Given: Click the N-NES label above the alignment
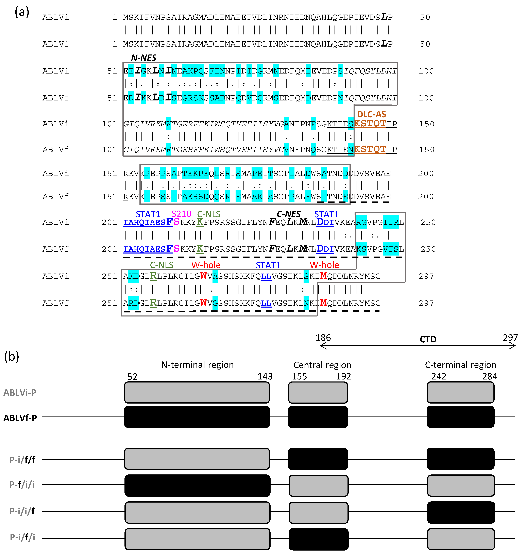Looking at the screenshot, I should (143, 58).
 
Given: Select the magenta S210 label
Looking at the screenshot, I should (181, 214).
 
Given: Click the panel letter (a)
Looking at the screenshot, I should (22, 12).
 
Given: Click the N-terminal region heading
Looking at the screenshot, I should (197, 365).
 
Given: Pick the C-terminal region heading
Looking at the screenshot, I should (460, 365).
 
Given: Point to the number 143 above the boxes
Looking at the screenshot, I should (265, 376).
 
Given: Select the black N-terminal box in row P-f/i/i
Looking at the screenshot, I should (197, 485).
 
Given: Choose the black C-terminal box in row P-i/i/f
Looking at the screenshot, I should (461, 512).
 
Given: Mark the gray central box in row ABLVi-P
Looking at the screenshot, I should (318, 392).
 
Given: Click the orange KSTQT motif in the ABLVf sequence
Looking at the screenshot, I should (370, 149).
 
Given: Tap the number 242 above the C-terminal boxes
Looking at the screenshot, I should (439, 376).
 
